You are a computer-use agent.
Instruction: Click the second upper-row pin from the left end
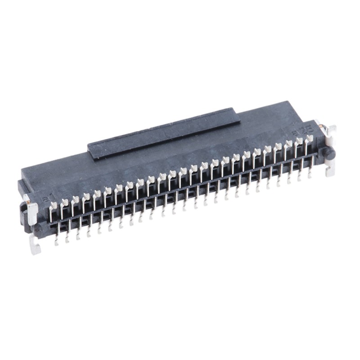[x=64, y=203]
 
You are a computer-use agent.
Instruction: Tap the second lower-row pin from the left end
[x=67, y=235]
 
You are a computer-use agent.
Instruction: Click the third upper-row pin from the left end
[x=75, y=200]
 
